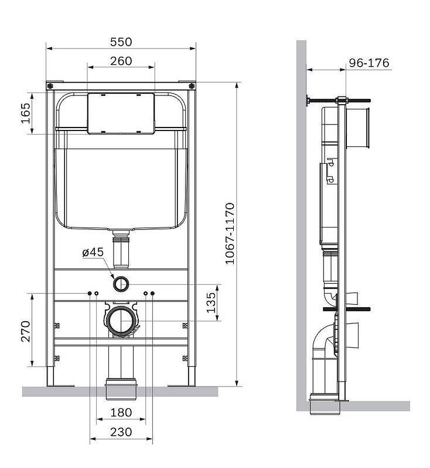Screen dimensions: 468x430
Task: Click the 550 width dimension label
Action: pos(121,42)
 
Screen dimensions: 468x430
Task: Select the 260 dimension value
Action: pos(121,61)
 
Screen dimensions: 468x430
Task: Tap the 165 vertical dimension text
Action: pos(25,113)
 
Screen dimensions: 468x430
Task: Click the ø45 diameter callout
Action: pos(93,252)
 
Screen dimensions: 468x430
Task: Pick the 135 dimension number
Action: pos(211,302)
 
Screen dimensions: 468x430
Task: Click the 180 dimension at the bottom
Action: pos(121,413)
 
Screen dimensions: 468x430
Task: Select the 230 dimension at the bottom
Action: pos(121,432)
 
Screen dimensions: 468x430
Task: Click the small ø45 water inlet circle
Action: pos(121,284)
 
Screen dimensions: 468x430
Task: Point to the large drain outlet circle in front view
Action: pos(121,321)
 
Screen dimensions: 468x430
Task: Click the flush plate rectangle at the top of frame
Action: pos(121,113)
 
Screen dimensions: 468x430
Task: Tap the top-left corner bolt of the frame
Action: pos(50,85)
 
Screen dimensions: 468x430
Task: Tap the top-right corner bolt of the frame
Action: pos(192,85)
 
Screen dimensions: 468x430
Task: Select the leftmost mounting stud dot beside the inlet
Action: pos(90,292)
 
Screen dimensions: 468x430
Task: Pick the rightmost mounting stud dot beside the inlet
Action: pos(152,292)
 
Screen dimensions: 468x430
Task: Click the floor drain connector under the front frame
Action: pos(121,387)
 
